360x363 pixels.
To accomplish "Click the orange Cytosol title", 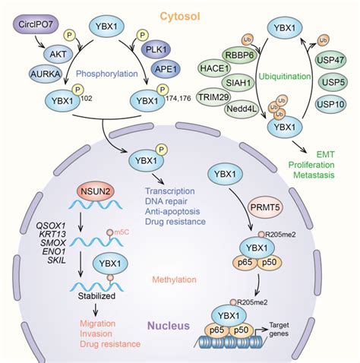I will [180, 14].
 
